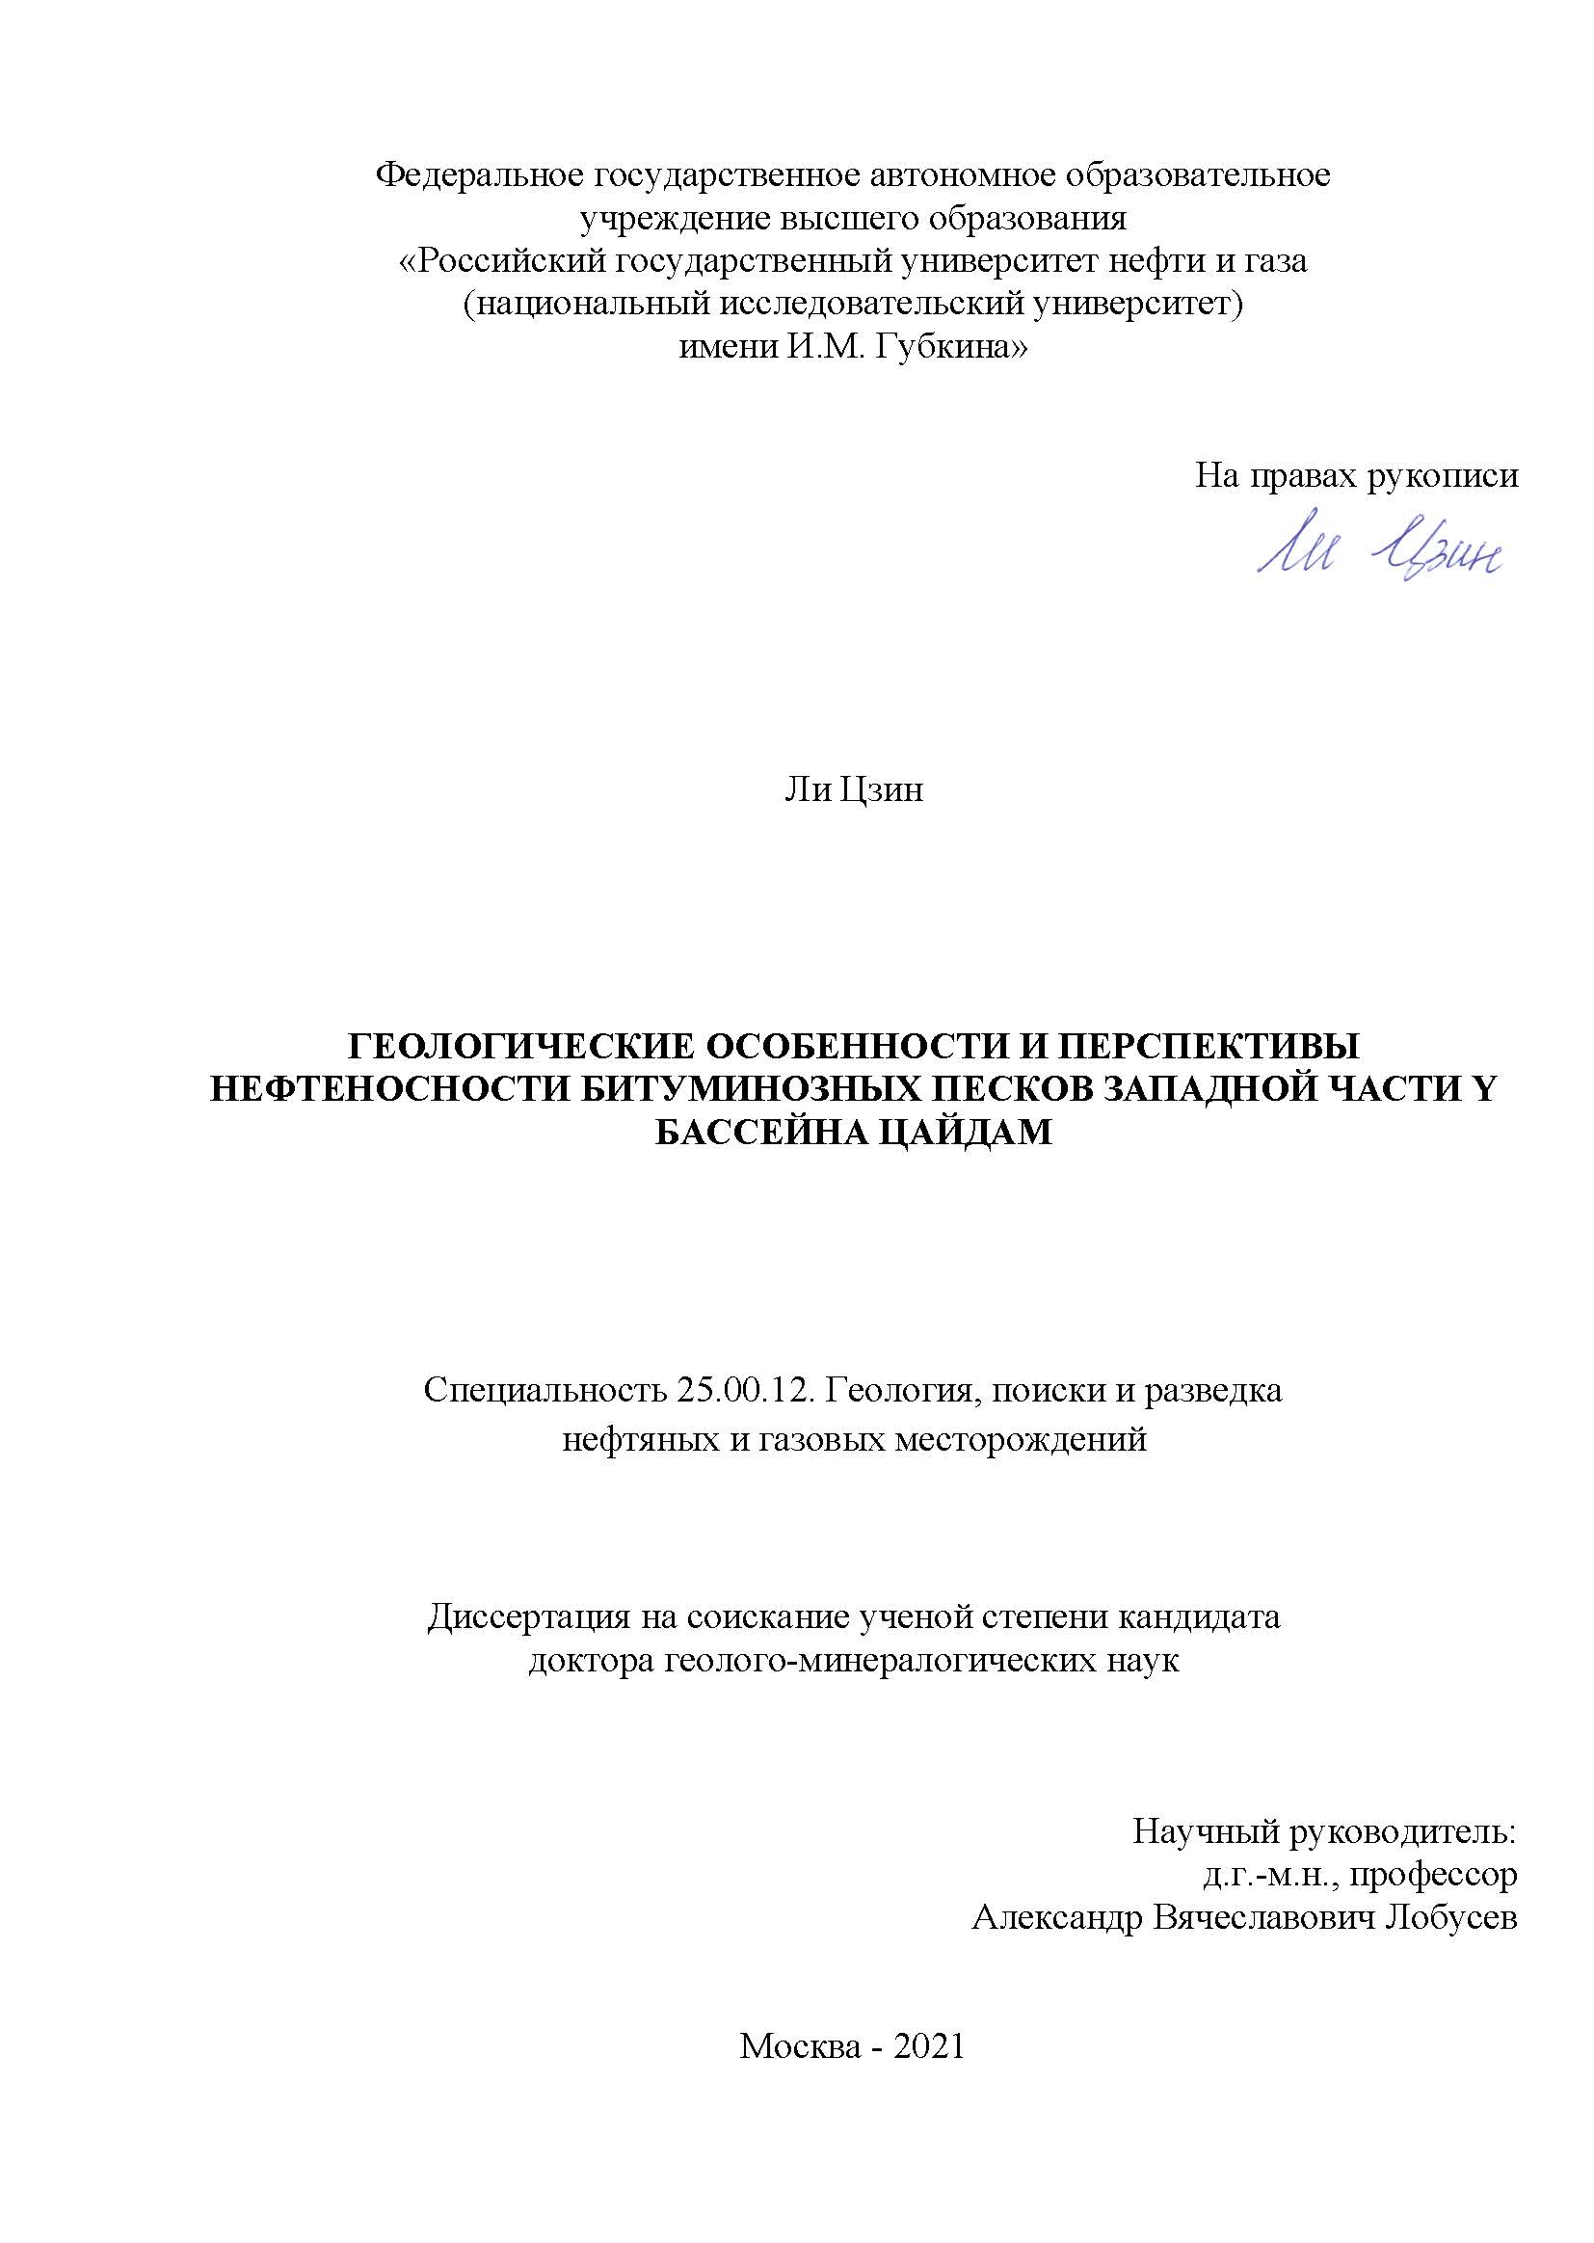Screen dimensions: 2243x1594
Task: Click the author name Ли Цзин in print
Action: [853, 790]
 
